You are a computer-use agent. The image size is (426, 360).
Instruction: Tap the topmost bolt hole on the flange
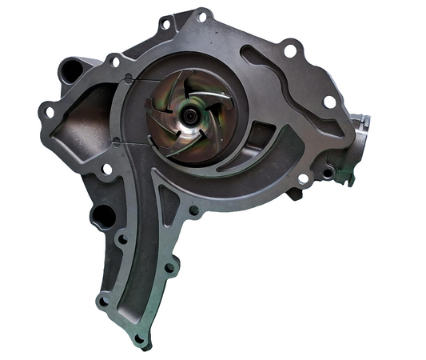point(201,16)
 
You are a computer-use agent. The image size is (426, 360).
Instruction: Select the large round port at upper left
point(70,70)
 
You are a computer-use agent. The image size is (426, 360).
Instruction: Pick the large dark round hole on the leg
point(102,214)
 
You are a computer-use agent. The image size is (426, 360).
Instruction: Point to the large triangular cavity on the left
point(84,124)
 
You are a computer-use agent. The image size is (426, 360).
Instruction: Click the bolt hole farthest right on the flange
point(328,102)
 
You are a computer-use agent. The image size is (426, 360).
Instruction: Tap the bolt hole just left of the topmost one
point(165,25)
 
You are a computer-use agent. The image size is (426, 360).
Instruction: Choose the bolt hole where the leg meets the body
point(193,211)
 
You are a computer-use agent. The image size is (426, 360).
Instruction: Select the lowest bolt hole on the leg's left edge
point(103,302)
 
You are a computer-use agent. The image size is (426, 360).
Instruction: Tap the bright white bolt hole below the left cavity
point(106,169)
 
